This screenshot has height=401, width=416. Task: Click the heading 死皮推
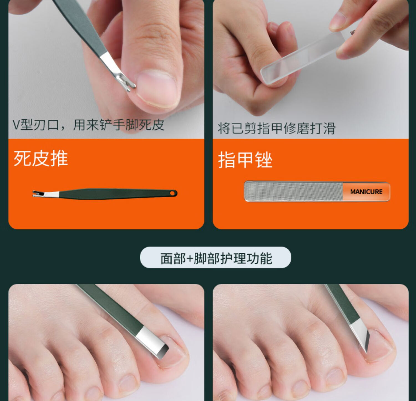coord(41,159)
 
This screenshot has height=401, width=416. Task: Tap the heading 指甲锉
coord(245,160)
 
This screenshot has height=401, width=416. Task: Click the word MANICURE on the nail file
coord(366,192)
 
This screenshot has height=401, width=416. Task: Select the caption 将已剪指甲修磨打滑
coord(277,128)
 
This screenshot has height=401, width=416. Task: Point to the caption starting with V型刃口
coord(88,125)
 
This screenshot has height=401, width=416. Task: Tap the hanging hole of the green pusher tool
coord(173,193)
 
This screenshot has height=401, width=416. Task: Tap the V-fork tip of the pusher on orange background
coord(35,193)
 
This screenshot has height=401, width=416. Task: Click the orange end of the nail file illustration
coord(366,191)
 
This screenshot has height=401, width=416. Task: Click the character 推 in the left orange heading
coord(59,159)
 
